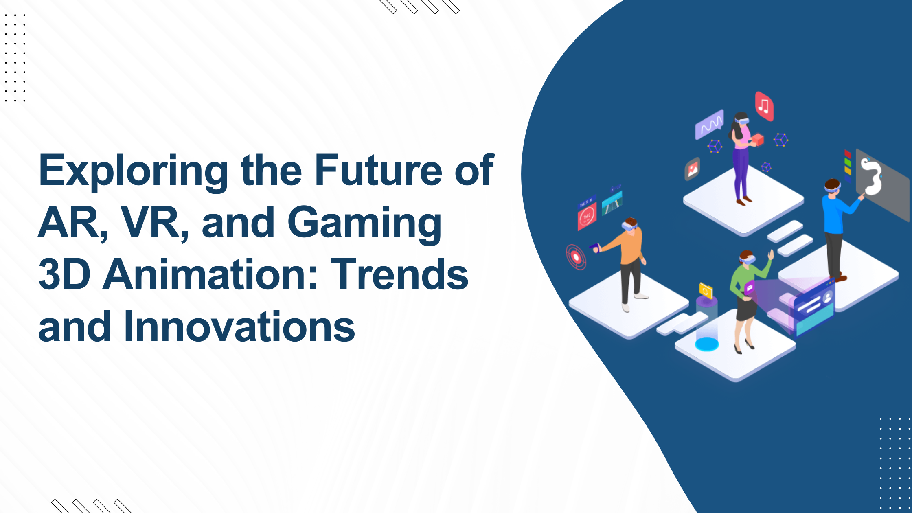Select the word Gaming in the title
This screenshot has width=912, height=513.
click(364, 223)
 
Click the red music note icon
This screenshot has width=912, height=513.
click(764, 106)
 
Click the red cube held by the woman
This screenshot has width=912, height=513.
click(758, 139)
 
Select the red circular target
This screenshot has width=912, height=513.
click(576, 257)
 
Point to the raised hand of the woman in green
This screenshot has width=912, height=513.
click(770, 255)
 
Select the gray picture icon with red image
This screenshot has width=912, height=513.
click(692, 169)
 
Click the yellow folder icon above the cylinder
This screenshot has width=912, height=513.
click(705, 291)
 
